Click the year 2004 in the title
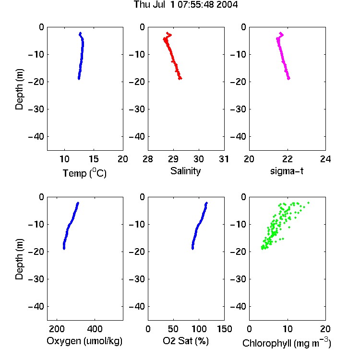pyautogui.click(x=227, y=4)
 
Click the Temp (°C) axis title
pyautogui.click(x=84, y=173)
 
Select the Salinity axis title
pyautogui.click(x=185, y=171)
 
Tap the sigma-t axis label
pyautogui.click(x=287, y=171)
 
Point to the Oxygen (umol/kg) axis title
pyautogui.click(x=84, y=341)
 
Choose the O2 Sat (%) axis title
pyautogui.click(x=185, y=341)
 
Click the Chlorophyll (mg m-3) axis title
pyautogui.click(x=287, y=342)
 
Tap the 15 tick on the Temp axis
pyautogui.click(x=94, y=159)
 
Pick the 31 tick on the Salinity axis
pyautogui.click(x=224, y=159)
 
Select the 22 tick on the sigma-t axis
pyautogui.click(x=287, y=159)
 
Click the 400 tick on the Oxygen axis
pyautogui.click(x=95, y=329)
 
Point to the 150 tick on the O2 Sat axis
pyautogui.click(x=224, y=329)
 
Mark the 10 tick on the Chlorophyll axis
pyautogui.click(x=288, y=329)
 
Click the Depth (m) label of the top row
pyautogui.click(x=19, y=89)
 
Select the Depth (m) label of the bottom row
pyautogui.click(x=19, y=259)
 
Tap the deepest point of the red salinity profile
pyautogui.click(x=180, y=79)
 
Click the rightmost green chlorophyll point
pyautogui.click(x=308, y=203)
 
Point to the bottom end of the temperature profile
pyautogui.click(x=79, y=79)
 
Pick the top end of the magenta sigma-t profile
pyautogui.click(x=281, y=33)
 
